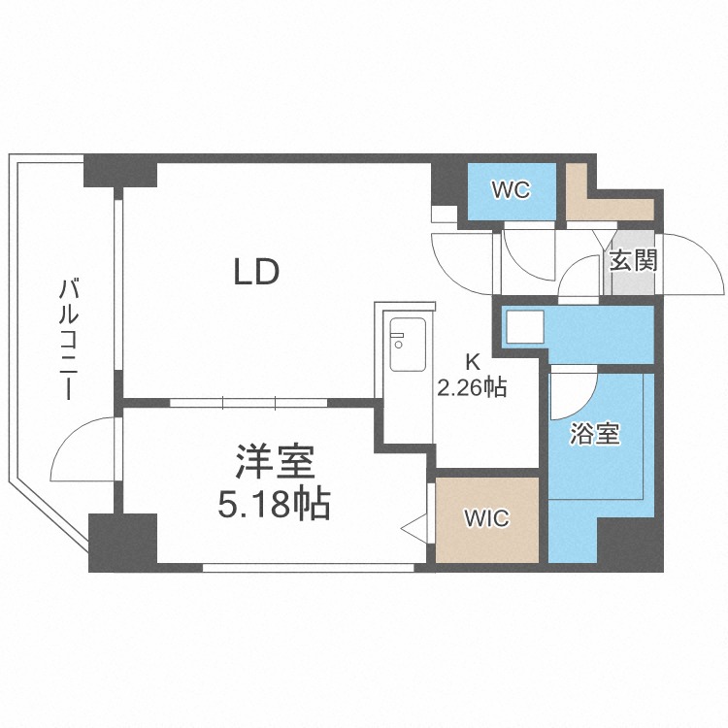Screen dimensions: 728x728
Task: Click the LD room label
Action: point(256,272)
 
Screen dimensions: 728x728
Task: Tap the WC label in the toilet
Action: point(512,190)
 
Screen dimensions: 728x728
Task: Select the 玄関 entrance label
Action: point(633,260)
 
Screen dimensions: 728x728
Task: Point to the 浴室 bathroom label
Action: point(595,434)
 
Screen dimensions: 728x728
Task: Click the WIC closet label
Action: point(487,518)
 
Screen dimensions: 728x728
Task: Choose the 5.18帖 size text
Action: point(274,503)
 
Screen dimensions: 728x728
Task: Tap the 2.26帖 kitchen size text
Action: point(472,387)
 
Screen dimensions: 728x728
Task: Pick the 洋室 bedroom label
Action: point(275,462)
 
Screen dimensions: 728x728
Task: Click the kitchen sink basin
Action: point(408,345)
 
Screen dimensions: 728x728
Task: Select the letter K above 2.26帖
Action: point(473,362)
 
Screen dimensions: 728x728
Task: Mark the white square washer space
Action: point(524,327)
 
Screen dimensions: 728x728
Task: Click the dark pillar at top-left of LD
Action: point(120,171)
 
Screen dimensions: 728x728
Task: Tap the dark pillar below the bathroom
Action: point(630,545)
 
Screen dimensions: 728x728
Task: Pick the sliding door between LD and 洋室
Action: point(248,403)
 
